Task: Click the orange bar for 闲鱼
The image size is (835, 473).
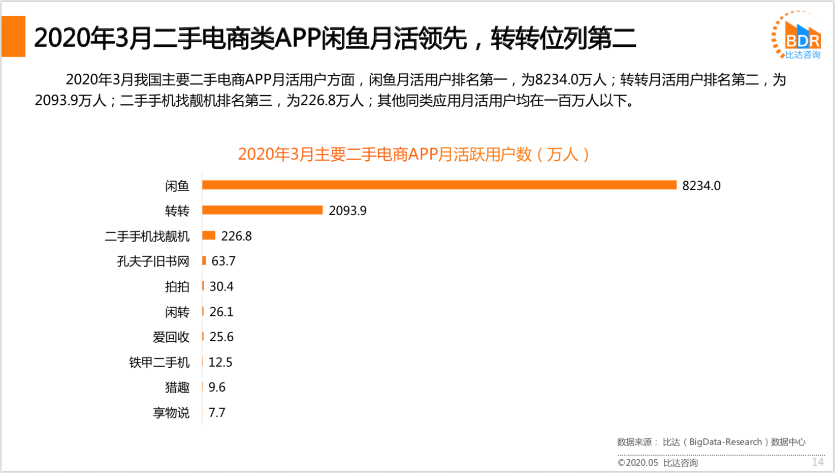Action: click(x=439, y=185)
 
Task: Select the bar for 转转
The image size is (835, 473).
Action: click(x=262, y=210)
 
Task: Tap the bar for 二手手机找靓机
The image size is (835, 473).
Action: click(x=209, y=235)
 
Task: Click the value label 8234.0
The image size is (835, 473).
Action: click(x=701, y=186)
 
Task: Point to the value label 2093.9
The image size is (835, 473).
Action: click(x=347, y=211)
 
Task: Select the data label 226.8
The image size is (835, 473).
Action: click(x=236, y=236)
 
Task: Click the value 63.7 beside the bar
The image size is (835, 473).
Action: click(x=223, y=261)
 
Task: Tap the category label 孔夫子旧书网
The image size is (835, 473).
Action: click(x=153, y=261)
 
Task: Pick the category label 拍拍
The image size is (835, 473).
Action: click(x=177, y=287)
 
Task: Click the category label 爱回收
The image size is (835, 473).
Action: click(x=171, y=337)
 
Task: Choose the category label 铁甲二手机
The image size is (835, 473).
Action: click(x=159, y=363)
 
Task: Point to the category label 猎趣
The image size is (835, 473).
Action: click(x=177, y=388)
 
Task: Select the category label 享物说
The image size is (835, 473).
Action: click(x=171, y=413)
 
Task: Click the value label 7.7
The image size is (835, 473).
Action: click(x=217, y=412)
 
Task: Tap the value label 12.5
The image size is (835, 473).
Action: click(x=220, y=362)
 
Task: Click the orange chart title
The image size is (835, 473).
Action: click(x=413, y=154)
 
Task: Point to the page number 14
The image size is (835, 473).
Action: click(x=817, y=462)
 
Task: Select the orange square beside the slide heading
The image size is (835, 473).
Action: click(x=14, y=37)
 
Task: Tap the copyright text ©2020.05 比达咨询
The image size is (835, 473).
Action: click(x=657, y=463)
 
